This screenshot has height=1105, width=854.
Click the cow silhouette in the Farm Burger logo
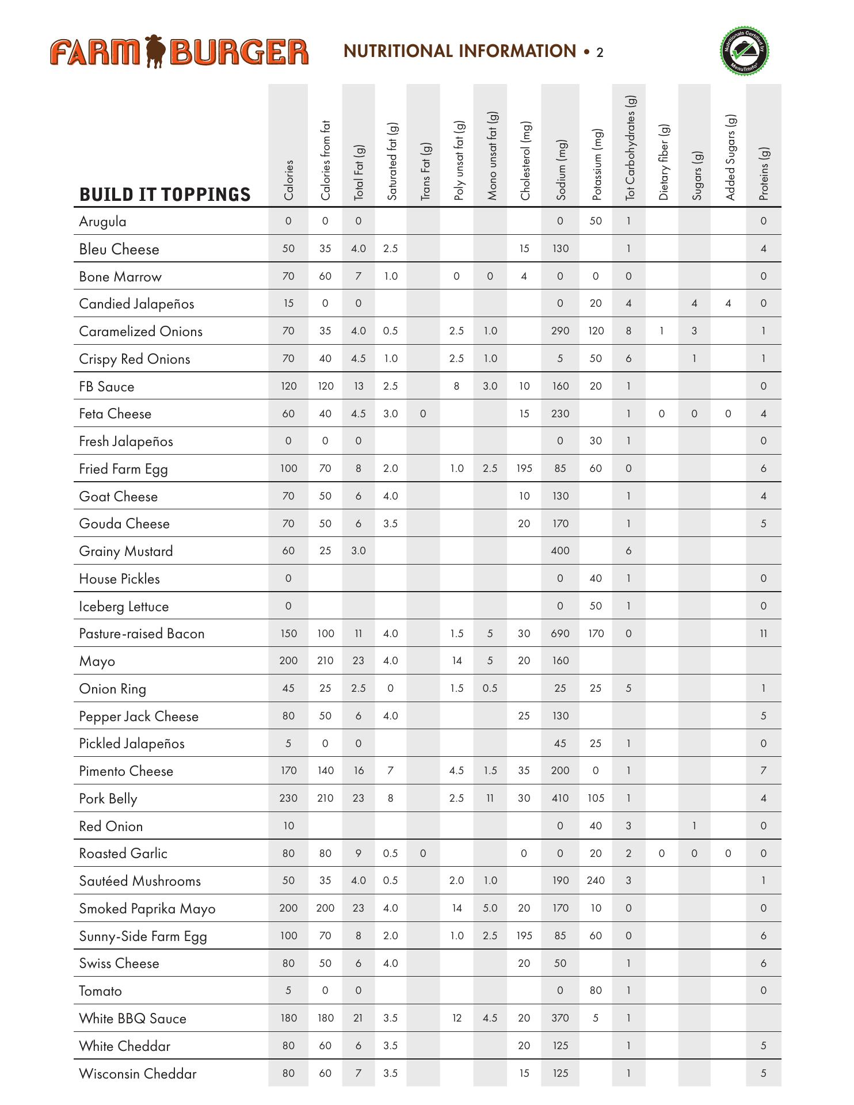tap(155, 51)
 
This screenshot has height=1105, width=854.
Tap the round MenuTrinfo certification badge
tap(744, 51)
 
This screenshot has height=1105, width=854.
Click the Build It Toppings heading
tap(165, 195)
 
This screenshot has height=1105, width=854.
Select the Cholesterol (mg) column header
tap(524, 161)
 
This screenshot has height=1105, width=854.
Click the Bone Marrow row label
tap(120, 277)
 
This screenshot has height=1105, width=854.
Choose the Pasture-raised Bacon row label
tap(142, 634)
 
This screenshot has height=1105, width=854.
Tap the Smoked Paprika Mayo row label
tap(147, 909)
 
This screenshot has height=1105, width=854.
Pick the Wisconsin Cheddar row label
tap(138, 1074)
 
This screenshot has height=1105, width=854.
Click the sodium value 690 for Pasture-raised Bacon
tap(560, 634)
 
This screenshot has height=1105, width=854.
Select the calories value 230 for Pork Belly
tap(288, 798)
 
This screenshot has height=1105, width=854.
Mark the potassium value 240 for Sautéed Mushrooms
tap(596, 881)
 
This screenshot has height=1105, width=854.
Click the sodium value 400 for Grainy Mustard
tap(560, 551)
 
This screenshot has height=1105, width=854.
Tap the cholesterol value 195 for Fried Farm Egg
tap(524, 468)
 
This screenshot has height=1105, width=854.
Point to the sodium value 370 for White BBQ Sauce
tap(560, 1018)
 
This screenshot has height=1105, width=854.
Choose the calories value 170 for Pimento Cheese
tap(288, 771)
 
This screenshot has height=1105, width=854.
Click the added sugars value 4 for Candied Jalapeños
tap(728, 303)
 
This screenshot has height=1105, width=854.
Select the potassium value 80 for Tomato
tap(596, 990)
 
